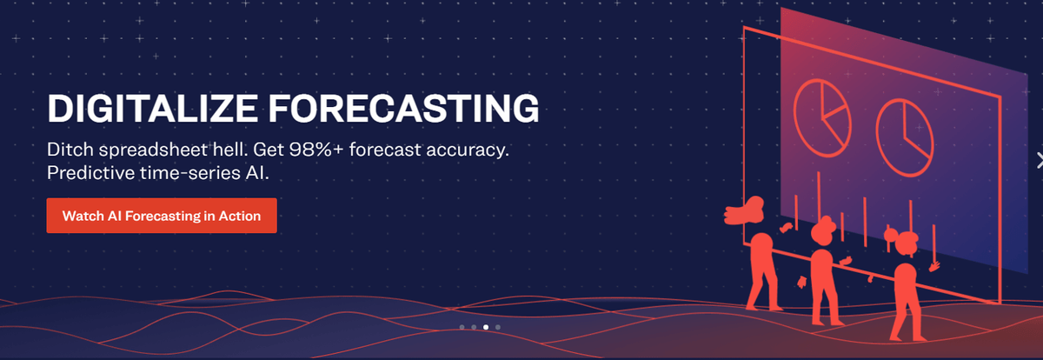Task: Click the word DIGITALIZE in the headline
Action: coord(152,109)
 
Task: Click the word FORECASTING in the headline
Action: coord(403,109)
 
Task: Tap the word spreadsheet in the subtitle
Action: coord(153,150)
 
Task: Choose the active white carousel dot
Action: coord(486,327)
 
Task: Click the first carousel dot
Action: coord(462,327)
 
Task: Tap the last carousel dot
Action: coord(498,327)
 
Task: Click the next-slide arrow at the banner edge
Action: coord(1040,160)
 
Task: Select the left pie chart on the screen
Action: coord(822,118)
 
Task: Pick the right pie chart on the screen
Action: coord(904,138)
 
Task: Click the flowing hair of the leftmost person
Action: coord(744,211)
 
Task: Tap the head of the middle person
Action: coord(823,230)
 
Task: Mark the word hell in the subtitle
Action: coord(230,150)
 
